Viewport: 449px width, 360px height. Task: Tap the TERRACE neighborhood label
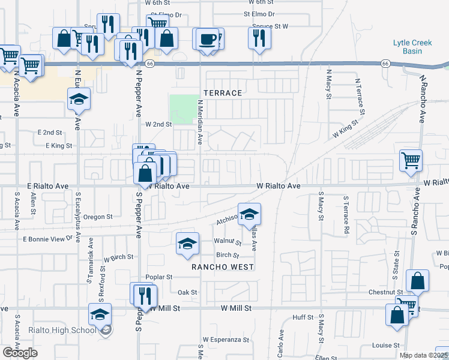223,93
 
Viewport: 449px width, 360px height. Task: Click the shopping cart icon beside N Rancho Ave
411,160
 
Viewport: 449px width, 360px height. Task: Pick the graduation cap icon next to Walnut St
187,243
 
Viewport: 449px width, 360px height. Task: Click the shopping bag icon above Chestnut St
417,280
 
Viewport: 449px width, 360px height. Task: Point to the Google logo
20,352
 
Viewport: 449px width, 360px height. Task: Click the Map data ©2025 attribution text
424,355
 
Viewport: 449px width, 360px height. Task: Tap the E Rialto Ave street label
47,186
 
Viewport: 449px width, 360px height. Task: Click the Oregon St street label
98,217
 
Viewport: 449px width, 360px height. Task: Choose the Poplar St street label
159,277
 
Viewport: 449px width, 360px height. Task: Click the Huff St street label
303,317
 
